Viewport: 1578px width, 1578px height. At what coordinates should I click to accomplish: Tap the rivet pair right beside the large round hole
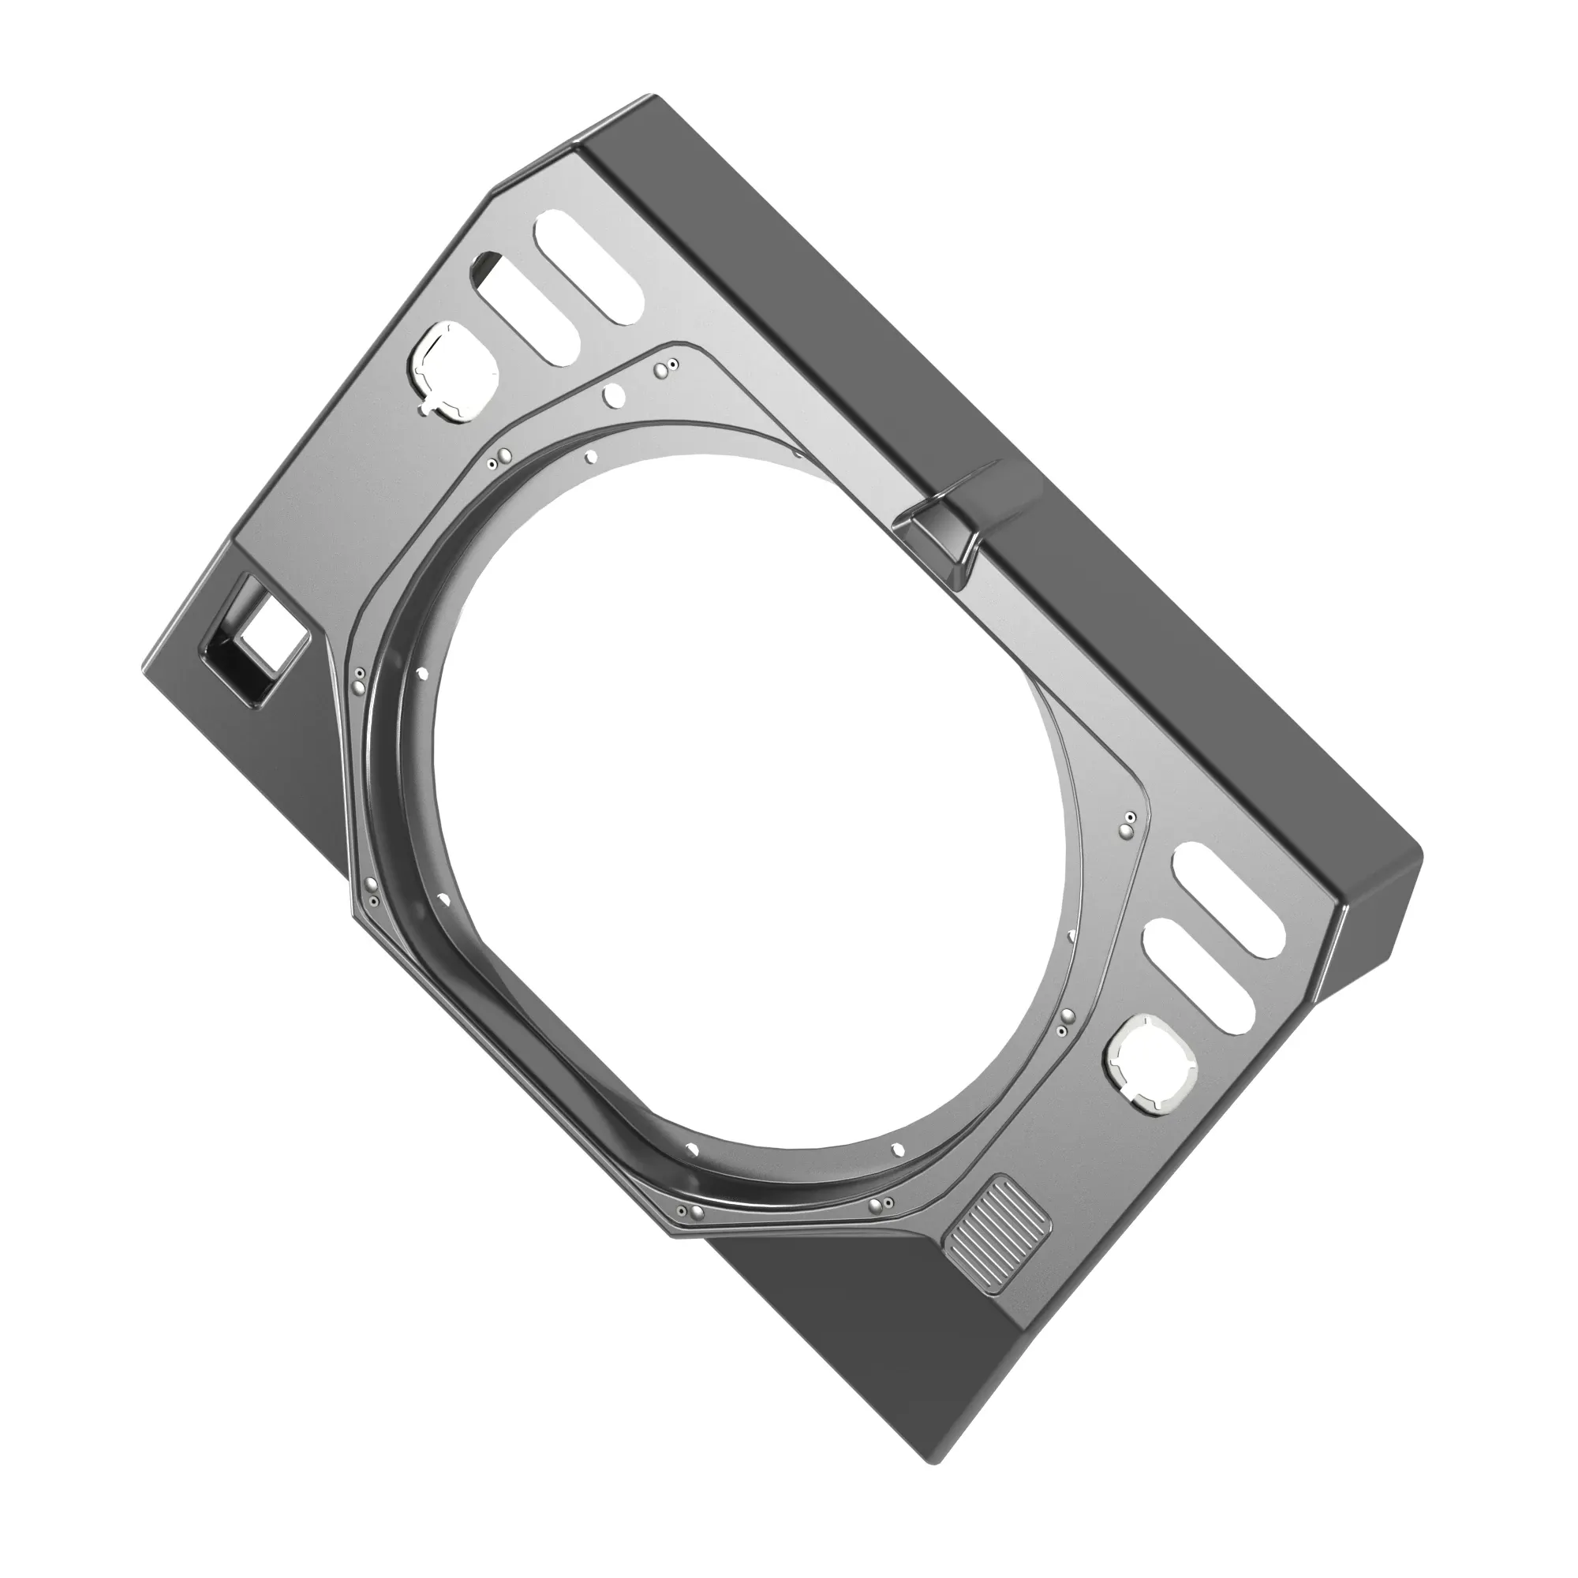(665, 368)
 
